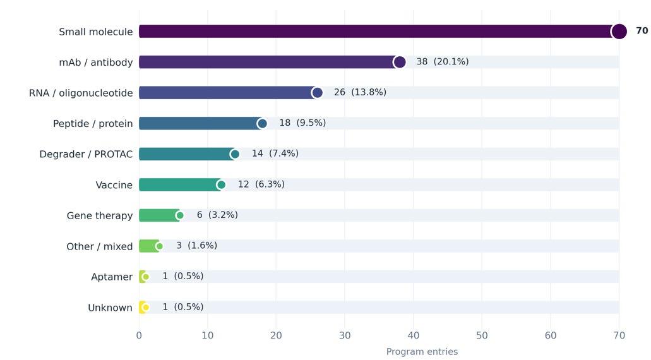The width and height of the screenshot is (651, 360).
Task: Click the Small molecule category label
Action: [x=95, y=32]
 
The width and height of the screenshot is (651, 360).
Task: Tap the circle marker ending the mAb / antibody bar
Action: [x=400, y=63]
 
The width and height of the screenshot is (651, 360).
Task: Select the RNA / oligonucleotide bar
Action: [x=228, y=93]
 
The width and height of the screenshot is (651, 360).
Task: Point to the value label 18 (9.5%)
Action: [x=302, y=123]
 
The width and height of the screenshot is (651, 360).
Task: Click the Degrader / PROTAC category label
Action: [x=86, y=154]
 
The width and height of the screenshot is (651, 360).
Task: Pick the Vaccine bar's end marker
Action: [x=221, y=185]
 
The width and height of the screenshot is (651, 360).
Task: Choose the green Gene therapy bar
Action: [x=159, y=215]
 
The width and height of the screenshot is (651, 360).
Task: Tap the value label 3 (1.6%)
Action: [x=196, y=246]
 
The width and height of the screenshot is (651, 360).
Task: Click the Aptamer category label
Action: [x=112, y=277]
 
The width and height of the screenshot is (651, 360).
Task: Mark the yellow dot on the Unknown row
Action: [x=145, y=308]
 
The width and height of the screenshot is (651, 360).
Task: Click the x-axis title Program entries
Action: [x=422, y=352]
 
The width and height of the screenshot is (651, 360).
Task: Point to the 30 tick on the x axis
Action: [x=345, y=335]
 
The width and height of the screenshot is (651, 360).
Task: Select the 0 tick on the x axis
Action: [x=139, y=335]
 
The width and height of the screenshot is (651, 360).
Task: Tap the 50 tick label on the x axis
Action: [x=482, y=335]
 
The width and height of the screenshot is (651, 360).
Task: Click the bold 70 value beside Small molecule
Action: [x=642, y=31]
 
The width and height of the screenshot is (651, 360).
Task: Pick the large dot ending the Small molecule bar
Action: [x=619, y=32]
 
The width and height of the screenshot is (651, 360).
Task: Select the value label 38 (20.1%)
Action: [x=442, y=61]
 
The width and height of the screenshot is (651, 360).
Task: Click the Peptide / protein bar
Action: [x=201, y=123]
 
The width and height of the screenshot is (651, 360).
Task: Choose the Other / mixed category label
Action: [x=99, y=246]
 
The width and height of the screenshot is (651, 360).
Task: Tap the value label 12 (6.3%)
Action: [x=261, y=184]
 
